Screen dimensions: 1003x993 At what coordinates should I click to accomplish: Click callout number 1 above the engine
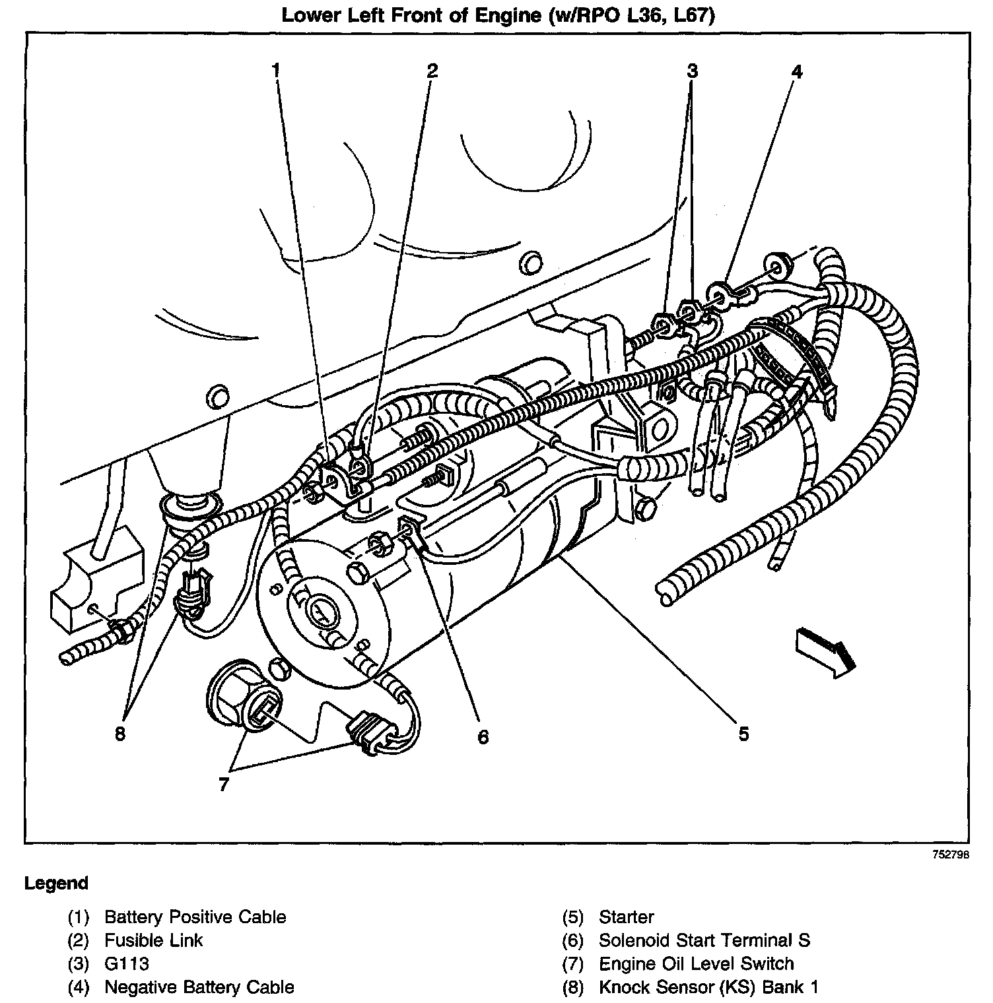(277, 70)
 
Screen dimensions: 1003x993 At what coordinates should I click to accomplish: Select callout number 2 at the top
(432, 70)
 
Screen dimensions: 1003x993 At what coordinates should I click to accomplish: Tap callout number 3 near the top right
(691, 70)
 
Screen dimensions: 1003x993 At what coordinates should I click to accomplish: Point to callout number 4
(796, 71)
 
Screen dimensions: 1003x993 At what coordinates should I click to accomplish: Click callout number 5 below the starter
(743, 733)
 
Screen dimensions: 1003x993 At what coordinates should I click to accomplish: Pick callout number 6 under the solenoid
(483, 736)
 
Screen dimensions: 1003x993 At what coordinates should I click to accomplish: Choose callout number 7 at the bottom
(224, 785)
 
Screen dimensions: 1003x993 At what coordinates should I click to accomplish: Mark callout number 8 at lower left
(120, 733)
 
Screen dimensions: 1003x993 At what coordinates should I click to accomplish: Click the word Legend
(56, 883)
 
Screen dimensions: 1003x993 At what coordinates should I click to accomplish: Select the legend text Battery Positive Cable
(195, 917)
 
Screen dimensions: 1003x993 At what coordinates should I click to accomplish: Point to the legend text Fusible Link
(154, 940)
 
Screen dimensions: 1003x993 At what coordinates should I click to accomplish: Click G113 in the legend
(127, 964)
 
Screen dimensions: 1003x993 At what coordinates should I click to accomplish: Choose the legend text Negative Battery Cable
(199, 987)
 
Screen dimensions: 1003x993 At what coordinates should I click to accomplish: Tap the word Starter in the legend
(627, 917)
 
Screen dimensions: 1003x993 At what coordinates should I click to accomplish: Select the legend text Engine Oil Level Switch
(696, 964)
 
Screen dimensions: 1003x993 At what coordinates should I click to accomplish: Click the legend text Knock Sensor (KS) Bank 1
(708, 987)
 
